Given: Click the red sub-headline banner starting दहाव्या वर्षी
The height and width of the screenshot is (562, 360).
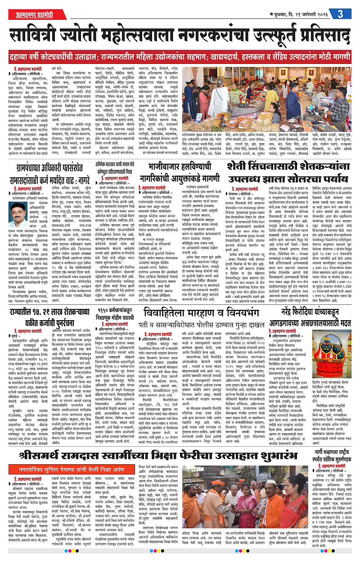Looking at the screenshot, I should click(x=180, y=59).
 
